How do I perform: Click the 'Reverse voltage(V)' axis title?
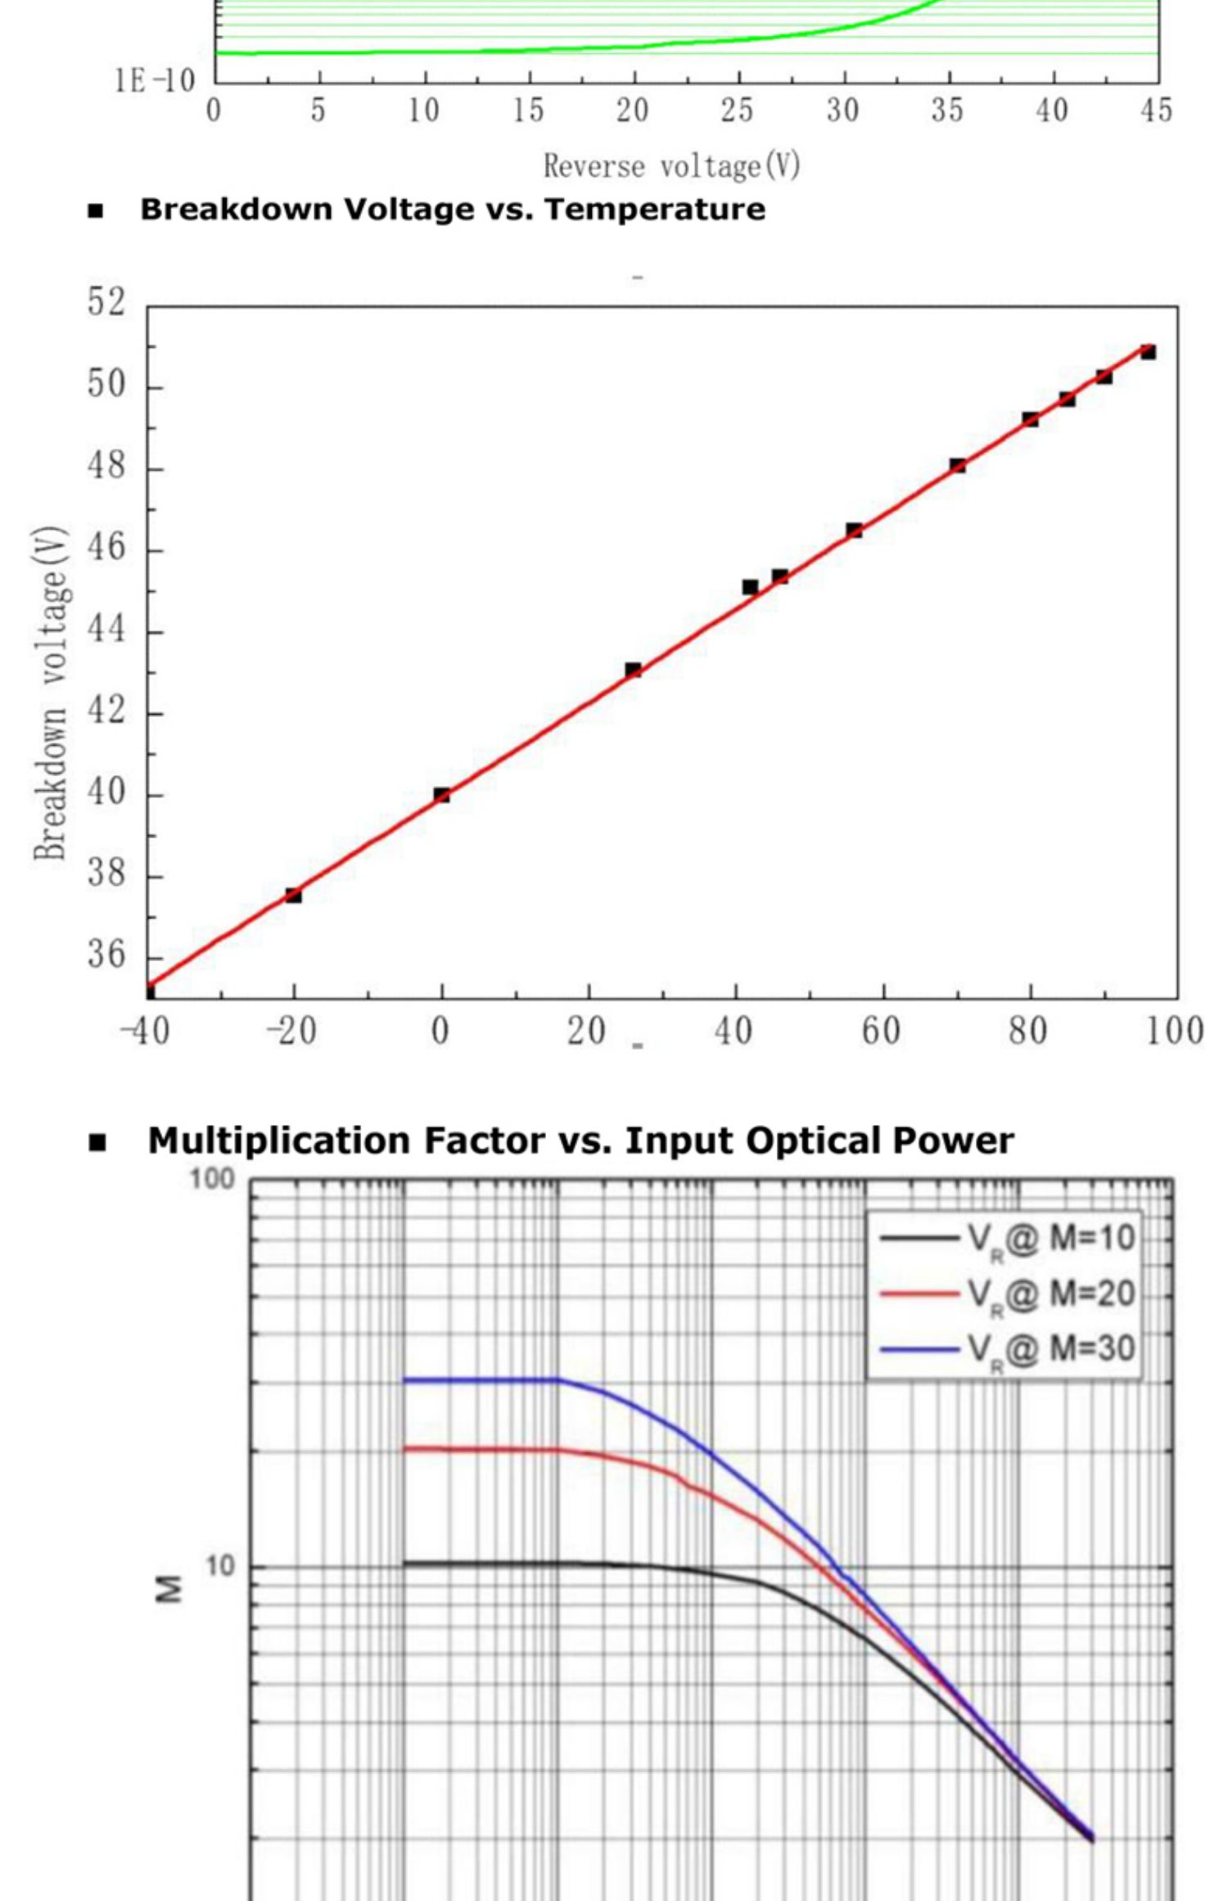[671, 167]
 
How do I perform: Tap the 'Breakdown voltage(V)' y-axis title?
[51, 693]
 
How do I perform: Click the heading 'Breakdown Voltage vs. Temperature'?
[453, 210]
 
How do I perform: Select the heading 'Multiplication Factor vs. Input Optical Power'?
[580, 1140]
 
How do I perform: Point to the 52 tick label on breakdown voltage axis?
[106, 302]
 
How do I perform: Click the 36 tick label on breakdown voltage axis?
[106, 955]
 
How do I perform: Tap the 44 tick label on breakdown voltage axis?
[106, 629]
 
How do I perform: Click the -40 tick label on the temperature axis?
[145, 1032]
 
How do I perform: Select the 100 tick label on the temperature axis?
[1175, 1032]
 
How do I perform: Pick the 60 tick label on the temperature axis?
[881, 1032]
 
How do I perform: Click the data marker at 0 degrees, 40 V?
[442, 795]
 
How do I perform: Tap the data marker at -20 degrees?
[293, 896]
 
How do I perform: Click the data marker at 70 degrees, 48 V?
[957, 466]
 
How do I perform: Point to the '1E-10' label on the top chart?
[156, 80]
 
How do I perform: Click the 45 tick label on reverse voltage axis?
[1156, 111]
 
